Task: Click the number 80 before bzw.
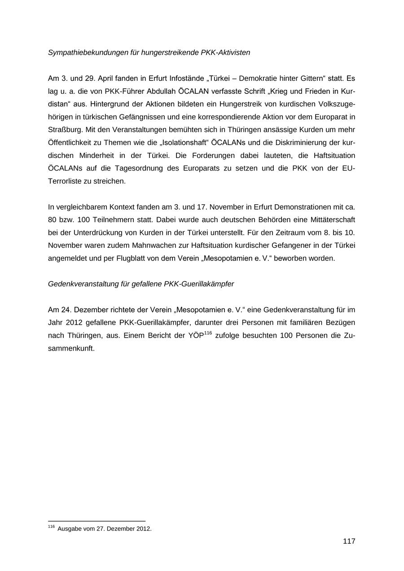click(52, 220)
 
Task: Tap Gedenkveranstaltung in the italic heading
click(83, 284)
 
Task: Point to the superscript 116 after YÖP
click(208, 333)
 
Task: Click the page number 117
click(349, 541)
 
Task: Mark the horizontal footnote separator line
click(97, 521)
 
